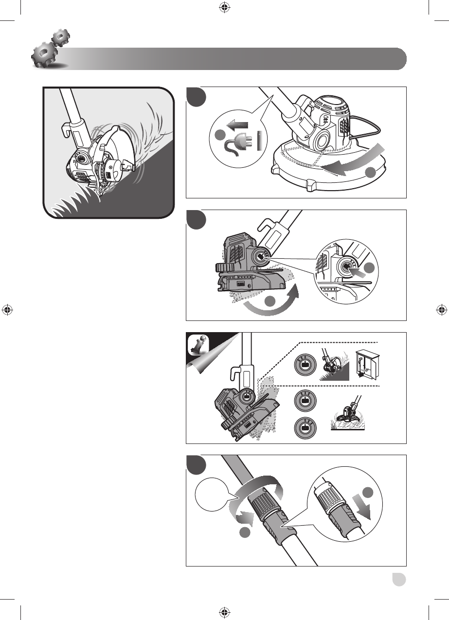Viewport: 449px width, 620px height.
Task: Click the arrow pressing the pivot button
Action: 358,267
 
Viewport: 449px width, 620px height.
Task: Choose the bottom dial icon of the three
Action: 305,428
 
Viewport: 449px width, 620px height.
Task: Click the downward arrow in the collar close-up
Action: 364,507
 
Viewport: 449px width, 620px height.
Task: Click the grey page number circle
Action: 399,580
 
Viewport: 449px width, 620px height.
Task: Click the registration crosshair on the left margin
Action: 6,310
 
